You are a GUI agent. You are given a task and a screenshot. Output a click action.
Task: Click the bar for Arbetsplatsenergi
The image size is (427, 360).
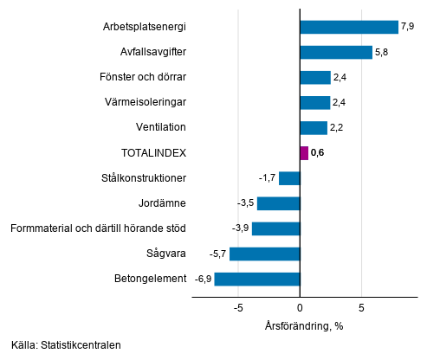pos(348,27)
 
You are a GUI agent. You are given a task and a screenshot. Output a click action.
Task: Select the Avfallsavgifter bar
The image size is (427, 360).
pos(335,52)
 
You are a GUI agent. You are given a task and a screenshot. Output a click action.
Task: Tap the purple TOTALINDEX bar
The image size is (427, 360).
pos(303,153)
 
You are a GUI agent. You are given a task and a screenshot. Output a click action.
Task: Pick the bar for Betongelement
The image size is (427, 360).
pos(256,279)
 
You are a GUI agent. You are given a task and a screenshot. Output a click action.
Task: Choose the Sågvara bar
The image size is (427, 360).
pos(264,254)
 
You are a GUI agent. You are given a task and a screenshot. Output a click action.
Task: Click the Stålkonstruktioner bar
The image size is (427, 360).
pos(288,178)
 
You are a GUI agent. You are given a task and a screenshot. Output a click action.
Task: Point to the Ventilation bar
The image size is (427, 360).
pos(313,128)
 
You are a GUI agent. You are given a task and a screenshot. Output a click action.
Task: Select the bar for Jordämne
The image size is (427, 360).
pos(278,203)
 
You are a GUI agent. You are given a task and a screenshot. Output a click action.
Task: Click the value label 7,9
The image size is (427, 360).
pos(408,27)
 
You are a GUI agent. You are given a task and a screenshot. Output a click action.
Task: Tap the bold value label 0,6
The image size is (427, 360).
pos(318,153)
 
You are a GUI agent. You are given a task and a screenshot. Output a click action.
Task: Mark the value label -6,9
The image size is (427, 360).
pos(203,279)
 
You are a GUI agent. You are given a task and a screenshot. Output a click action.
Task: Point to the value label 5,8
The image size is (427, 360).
pos(382,52)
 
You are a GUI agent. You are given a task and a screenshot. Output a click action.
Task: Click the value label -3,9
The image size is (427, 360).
pos(239,228)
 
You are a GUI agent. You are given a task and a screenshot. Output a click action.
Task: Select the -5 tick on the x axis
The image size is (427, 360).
pos(237,307)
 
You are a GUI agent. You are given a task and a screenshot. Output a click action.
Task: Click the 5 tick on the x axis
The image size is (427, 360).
pos(361,307)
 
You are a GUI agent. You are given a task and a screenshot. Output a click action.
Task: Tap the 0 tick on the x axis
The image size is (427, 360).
pos(300,307)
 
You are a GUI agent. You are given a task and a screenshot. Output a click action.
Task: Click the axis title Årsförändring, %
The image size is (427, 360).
pos(304,325)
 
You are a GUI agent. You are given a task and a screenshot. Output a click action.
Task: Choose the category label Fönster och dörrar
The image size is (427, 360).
pos(143,78)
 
